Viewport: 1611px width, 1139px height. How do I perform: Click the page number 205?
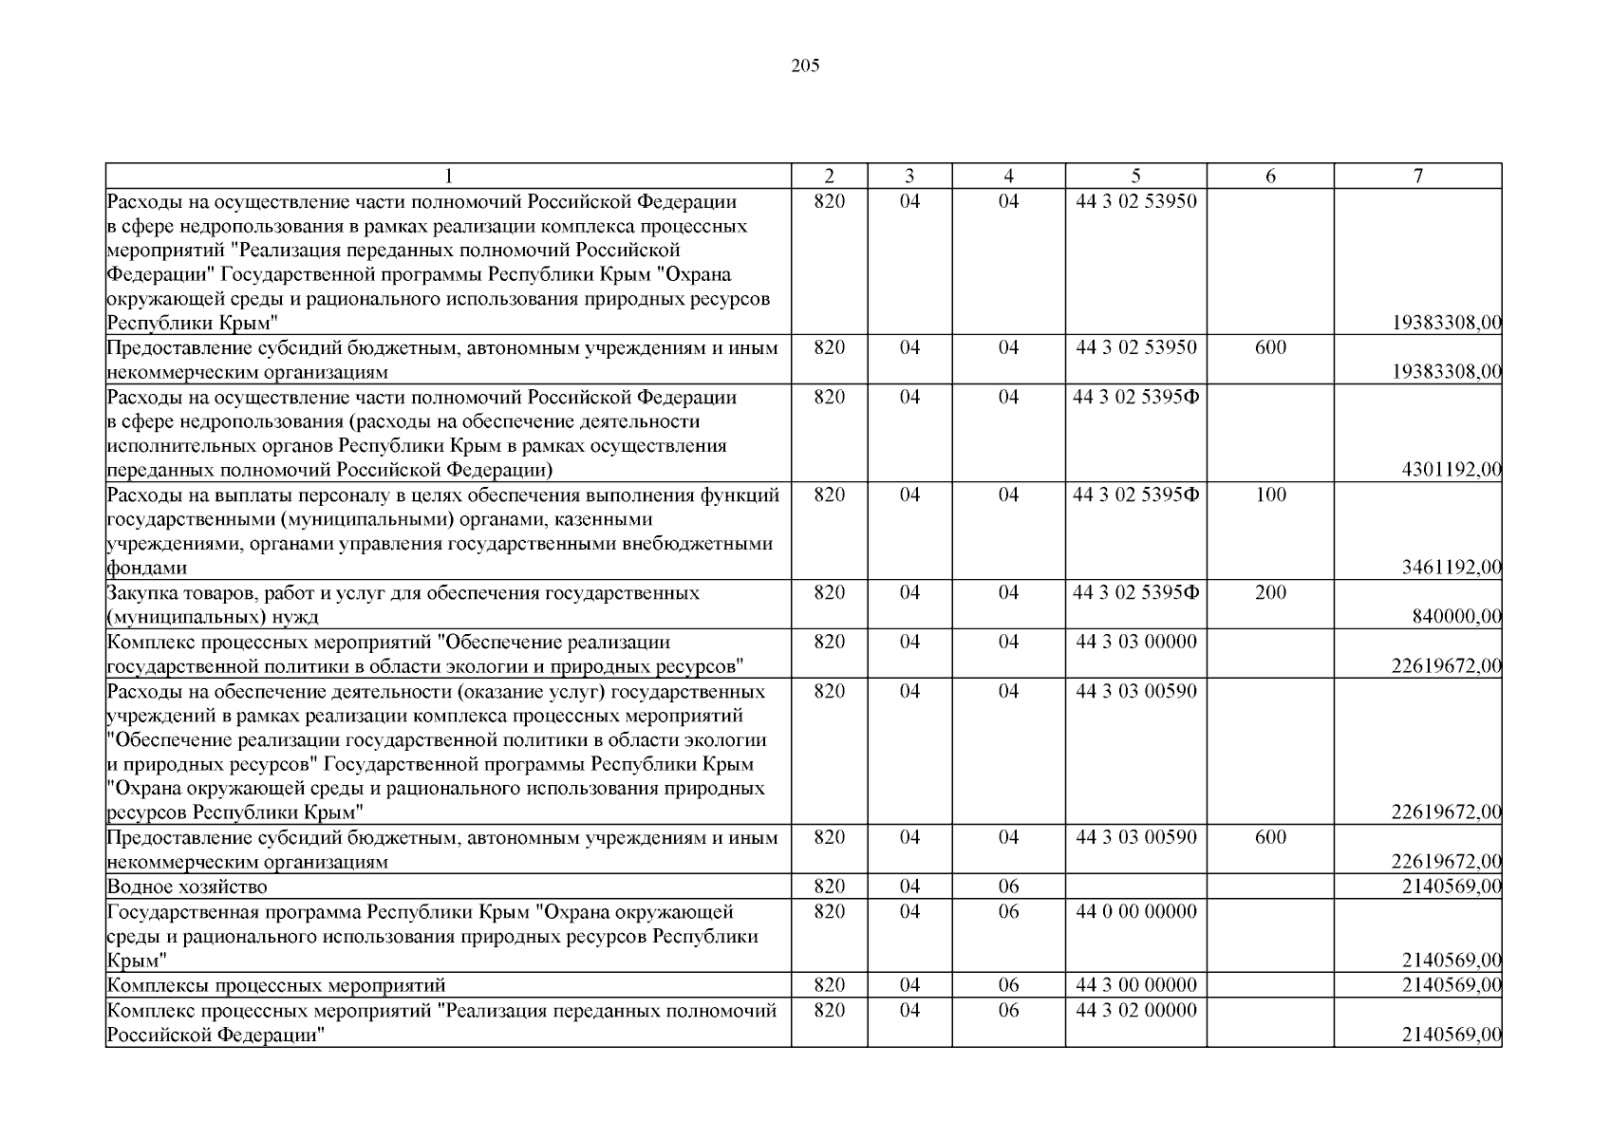pyautogui.click(x=805, y=66)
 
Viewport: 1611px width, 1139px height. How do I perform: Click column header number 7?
pyautogui.click(x=1417, y=176)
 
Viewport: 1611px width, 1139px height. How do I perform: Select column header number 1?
pyautogui.click(x=448, y=176)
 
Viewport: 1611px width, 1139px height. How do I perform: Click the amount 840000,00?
pyautogui.click(x=1457, y=617)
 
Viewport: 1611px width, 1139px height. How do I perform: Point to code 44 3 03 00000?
pyautogui.click(x=1136, y=642)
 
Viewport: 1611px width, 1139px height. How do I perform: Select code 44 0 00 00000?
pyautogui.click(x=1136, y=911)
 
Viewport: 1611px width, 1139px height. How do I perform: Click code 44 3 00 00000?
pyautogui.click(x=1136, y=985)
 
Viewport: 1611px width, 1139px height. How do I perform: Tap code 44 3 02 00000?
pyautogui.click(x=1136, y=1010)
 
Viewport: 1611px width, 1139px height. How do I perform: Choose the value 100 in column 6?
pyautogui.click(x=1270, y=495)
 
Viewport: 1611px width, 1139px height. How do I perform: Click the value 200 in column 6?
pyautogui.click(x=1270, y=592)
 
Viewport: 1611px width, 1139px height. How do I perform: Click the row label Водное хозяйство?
pyautogui.click(x=187, y=887)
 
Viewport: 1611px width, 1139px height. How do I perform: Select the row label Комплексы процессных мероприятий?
pyautogui.click(x=275, y=985)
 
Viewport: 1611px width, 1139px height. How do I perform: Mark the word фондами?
pyautogui.click(x=146, y=569)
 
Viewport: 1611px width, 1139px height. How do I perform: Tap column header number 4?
pyautogui.click(x=1008, y=176)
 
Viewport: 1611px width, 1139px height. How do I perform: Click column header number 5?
pyautogui.click(x=1136, y=176)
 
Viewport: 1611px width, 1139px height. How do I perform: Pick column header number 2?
pyautogui.click(x=829, y=176)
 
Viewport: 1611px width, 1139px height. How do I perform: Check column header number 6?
pyautogui.click(x=1270, y=176)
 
